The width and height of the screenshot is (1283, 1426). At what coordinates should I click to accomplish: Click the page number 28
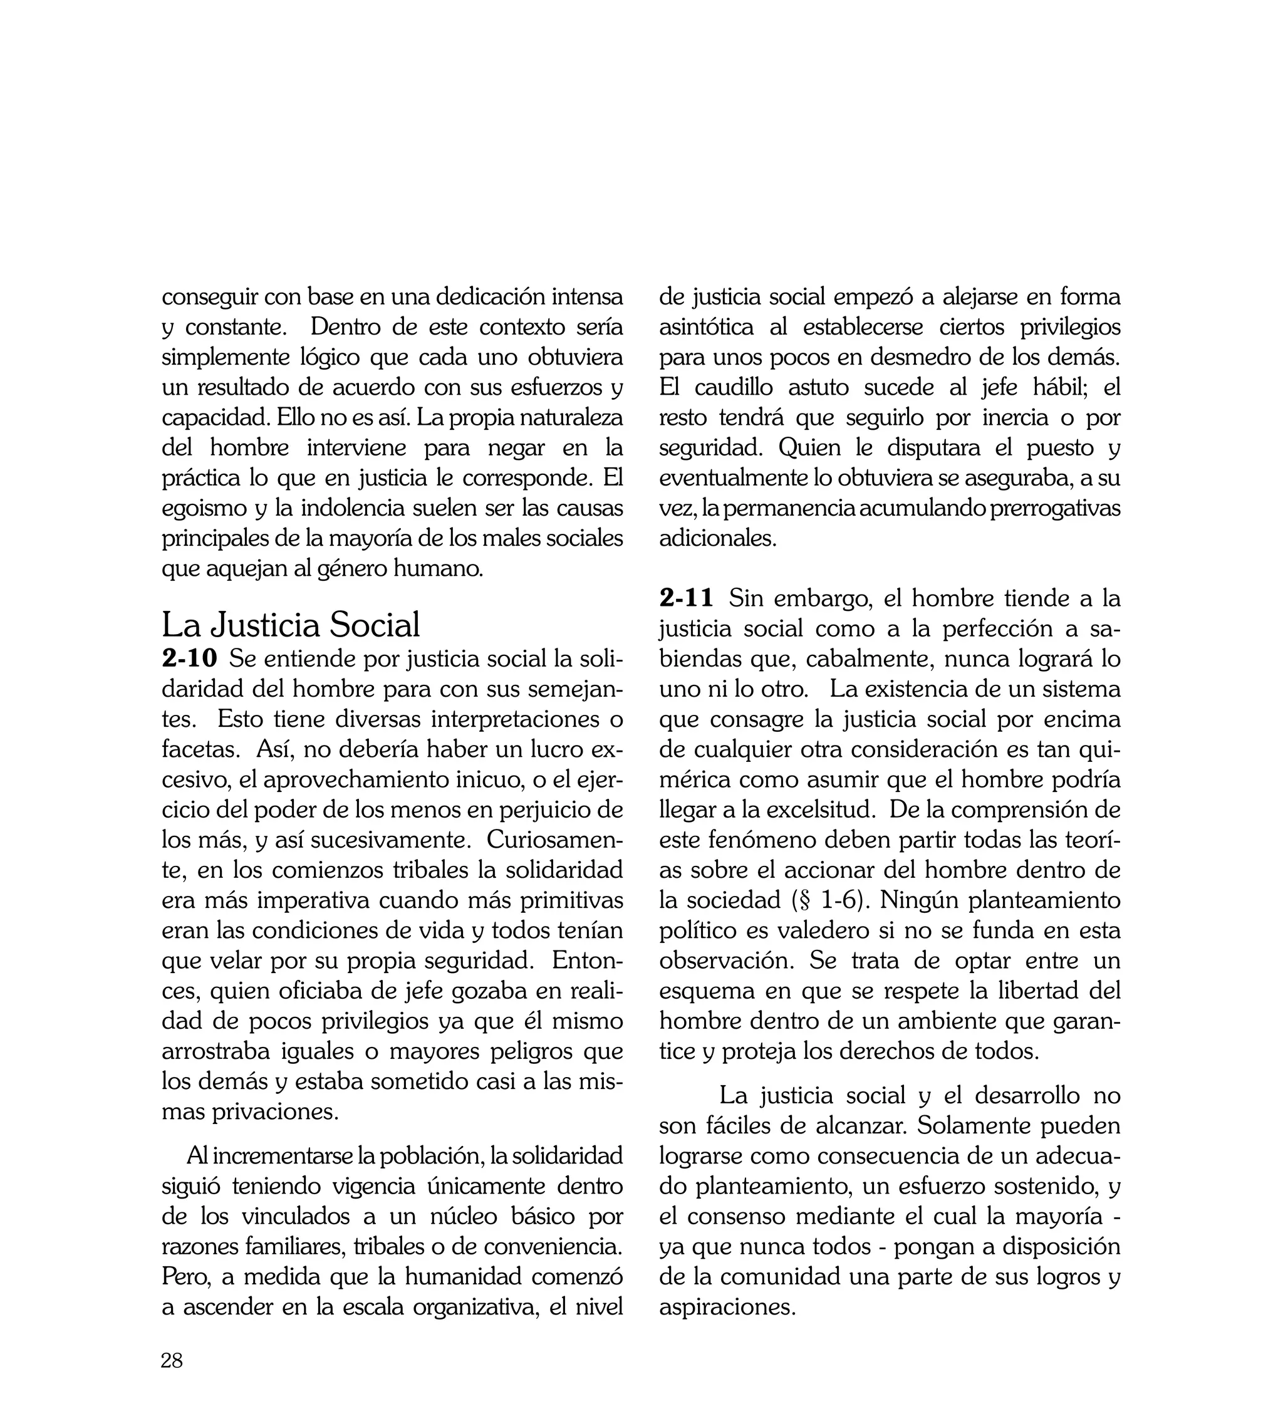click(172, 1360)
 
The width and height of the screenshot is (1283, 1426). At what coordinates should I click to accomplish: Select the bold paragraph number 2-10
click(190, 659)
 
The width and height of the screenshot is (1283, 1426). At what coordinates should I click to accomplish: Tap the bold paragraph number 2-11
click(687, 599)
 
